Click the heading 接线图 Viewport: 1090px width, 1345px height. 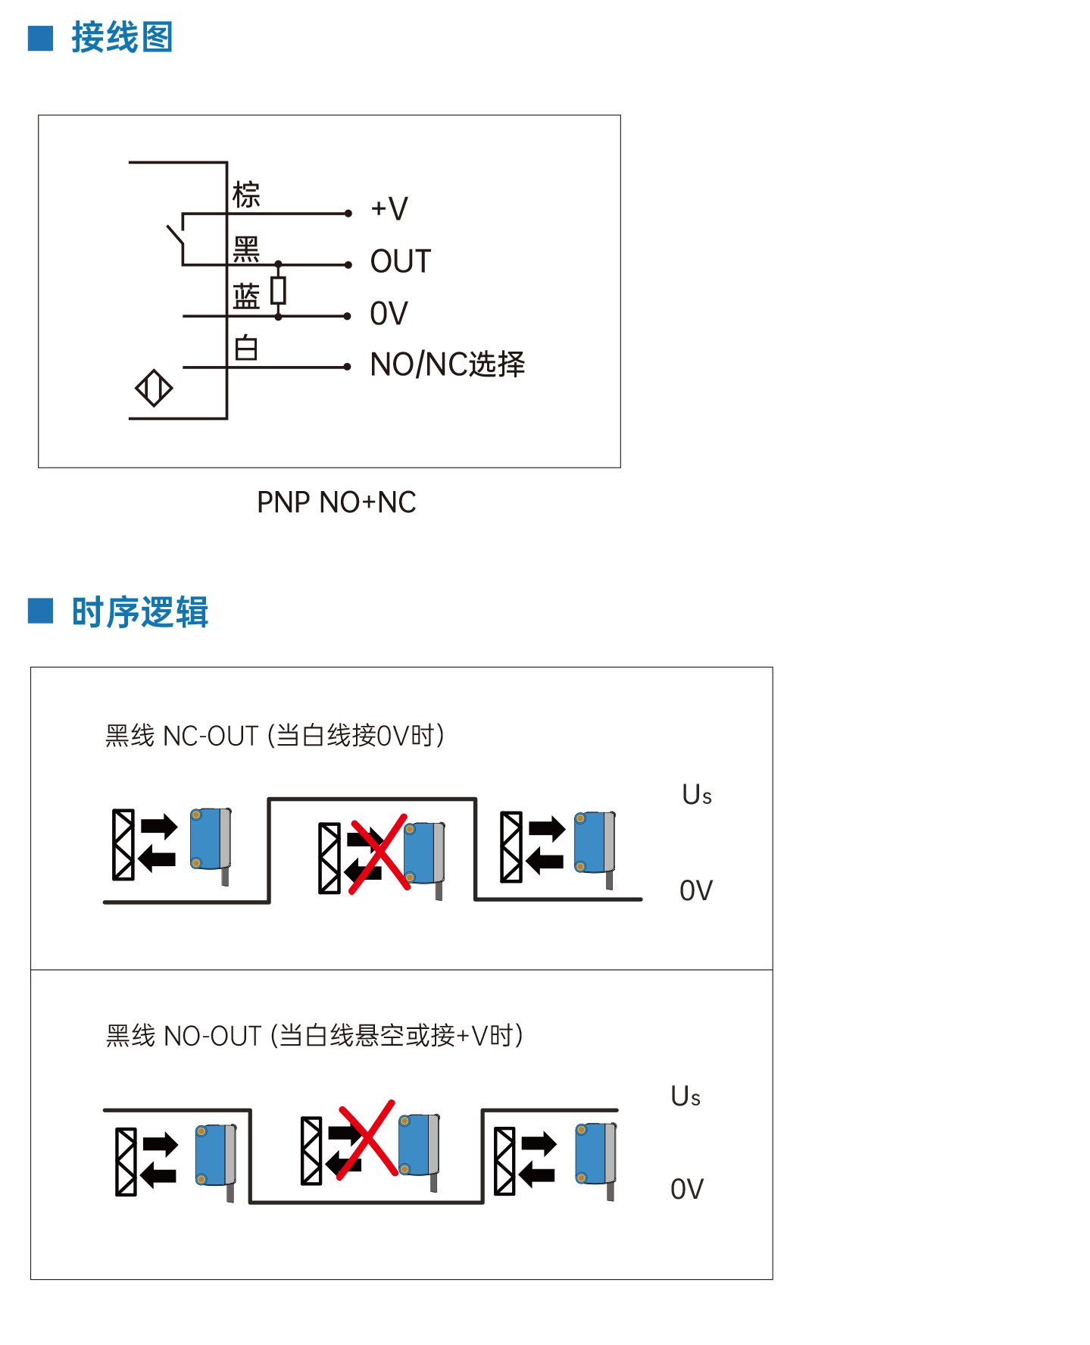pos(122,37)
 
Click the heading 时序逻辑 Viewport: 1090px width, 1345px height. pos(139,612)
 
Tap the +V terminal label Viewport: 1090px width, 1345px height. pos(389,208)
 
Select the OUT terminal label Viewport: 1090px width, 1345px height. pos(401,261)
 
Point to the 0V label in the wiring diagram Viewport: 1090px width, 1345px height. pos(389,314)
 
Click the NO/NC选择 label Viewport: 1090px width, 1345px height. pos(448,364)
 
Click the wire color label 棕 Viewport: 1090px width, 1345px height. pos(246,195)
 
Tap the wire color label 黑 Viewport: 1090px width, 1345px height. pos(246,249)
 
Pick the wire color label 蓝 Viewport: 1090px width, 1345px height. pos(246,296)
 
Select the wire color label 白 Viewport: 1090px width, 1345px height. pos(246,348)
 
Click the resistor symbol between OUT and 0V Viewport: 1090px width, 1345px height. pos(279,290)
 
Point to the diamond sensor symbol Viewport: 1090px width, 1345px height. pos(154,388)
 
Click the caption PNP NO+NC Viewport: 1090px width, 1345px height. pos(336,502)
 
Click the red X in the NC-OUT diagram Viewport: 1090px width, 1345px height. pos(378,854)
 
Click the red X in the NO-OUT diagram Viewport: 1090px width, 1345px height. pos(367,1139)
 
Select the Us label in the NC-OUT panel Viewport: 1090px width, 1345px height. pos(697,795)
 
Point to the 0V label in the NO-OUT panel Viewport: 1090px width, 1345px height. pos(687,1189)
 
